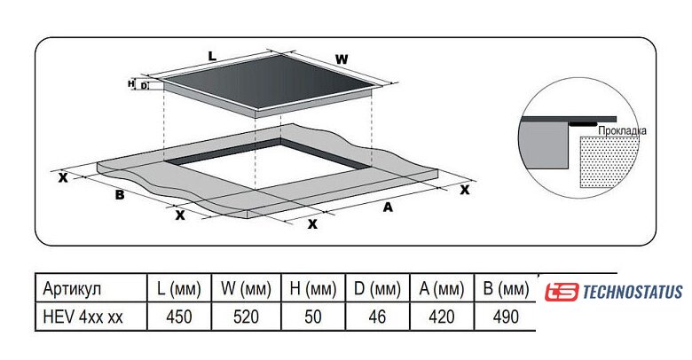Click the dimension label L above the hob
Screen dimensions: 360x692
coord(212,56)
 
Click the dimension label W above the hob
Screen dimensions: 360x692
coord(342,60)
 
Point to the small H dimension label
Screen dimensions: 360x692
coord(131,83)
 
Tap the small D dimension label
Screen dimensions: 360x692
coord(143,86)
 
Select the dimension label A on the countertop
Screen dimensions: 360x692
coord(387,207)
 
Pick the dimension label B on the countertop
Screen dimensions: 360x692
coord(119,195)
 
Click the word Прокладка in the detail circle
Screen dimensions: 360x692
coord(622,130)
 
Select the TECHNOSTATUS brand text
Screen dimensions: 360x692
coord(633,292)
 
